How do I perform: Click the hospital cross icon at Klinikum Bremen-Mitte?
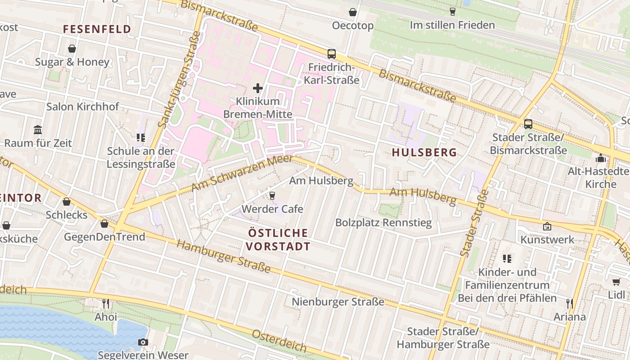click(258, 88)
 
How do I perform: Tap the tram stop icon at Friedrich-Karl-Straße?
click(332, 54)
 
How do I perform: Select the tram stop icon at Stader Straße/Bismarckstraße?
click(528, 124)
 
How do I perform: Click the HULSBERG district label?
click(424, 153)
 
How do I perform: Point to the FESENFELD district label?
click(97, 30)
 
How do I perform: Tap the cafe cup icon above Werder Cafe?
click(272, 195)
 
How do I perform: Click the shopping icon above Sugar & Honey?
click(72, 49)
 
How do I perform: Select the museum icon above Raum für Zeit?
click(38, 130)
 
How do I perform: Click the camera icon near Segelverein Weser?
click(143, 342)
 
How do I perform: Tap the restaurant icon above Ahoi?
click(105, 304)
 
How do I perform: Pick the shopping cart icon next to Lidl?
click(616, 282)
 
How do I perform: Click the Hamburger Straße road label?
click(224, 256)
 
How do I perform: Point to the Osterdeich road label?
click(279, 341)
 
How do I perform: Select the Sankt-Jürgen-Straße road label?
click(179, 82)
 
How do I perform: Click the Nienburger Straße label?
click(338, 301)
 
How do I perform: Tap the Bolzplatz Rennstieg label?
click(383, 222)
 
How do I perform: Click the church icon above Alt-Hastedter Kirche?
click(600, 158)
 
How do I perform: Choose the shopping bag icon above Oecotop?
click(353, 12)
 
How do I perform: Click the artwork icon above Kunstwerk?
click(547, 226)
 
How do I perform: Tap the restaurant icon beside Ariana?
click(570, 304)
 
